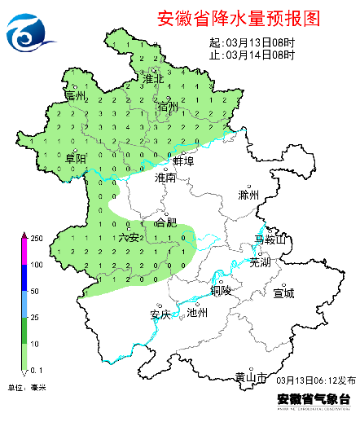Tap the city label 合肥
tap(165, 221)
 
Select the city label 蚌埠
tap(183, 161)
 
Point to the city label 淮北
tap(154, 79)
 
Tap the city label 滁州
tap(248, 196)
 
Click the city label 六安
tap(129, 237)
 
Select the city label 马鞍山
tap(271, 240)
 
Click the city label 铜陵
tap(221, 290)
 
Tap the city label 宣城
tap(283, 292)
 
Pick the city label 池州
tap(198, 312)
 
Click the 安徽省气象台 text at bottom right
tap(314, 399)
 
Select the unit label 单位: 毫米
tap(27, 387)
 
